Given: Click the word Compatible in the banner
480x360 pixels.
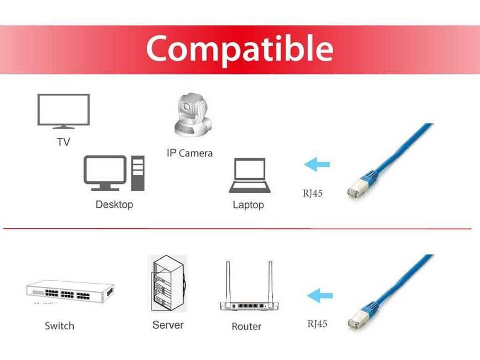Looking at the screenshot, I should pos(240,49).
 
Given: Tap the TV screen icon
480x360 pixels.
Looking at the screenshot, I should pos(63,111).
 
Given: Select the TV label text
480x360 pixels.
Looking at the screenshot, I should pos(63,142).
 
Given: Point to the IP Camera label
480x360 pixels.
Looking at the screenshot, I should pos(189,153).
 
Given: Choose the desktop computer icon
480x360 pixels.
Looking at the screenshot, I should pos(114,173).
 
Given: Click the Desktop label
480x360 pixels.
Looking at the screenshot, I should pos(114,204).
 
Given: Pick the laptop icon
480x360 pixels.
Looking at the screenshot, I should pos(250,175).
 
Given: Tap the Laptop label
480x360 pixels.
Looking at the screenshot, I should pos(248,205).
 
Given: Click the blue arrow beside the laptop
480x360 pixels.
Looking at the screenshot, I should pos(317,165).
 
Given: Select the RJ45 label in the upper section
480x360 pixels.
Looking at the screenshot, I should pos(313,193).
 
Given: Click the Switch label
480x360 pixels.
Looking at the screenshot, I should pos(60,326).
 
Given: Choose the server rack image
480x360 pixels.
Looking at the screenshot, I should pos(167,284).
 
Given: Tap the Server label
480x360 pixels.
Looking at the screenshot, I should pos(168,325).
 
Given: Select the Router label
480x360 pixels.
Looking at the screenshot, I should pos(247,326).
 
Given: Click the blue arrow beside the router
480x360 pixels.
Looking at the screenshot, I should pos(320,296).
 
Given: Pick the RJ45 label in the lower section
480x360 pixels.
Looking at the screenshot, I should pos(317,323).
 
